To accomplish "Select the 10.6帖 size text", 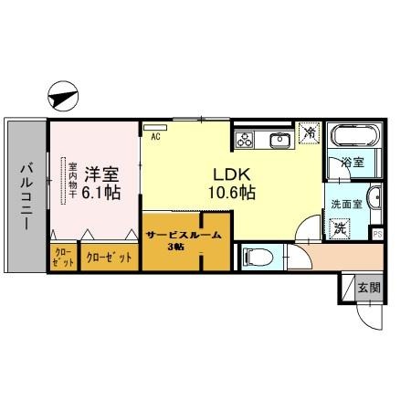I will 233,193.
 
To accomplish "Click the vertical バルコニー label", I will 26,196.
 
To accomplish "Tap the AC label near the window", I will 155,137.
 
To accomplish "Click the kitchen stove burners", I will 247,140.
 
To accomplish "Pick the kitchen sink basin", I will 279,140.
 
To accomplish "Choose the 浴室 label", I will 353,163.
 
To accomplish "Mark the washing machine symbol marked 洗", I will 339,227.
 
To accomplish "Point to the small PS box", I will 377,234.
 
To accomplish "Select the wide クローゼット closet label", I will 109,257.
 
